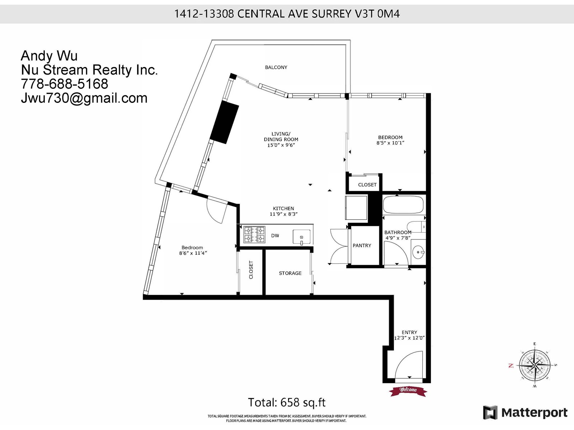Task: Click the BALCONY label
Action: click(276, 67)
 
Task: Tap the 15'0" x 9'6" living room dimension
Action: click(281, 145)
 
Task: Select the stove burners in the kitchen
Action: click(254, 235)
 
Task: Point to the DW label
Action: click(275, 236)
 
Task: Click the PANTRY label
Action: click(362, 245)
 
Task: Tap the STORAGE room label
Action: click(290, 273)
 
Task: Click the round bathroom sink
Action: click(418, 252)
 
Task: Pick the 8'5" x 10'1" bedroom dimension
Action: click(390, 143)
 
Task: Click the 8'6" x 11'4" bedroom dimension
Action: click(193, 253)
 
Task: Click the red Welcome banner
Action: click(408, 390)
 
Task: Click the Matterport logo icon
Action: click(490, 412)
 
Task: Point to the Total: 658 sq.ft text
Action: click(287, 402)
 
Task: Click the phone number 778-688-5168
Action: click(65, 84)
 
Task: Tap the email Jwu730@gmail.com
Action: click(84, 98)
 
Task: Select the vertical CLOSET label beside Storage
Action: click(251, 270)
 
